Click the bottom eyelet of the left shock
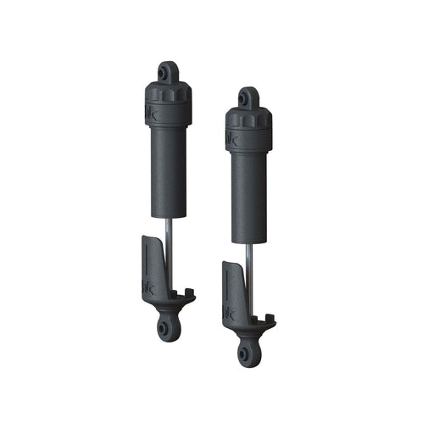[x=164, y=325]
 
